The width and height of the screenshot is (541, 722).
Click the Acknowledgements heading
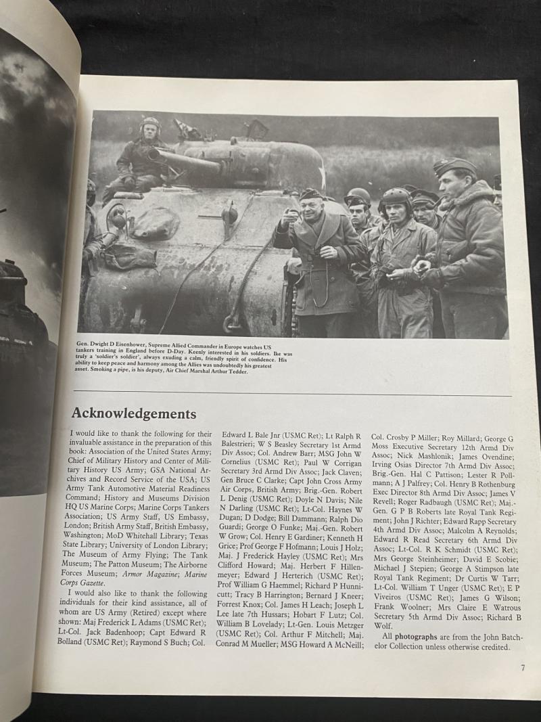point(134,413)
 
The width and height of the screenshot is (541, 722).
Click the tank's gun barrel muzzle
point(154,154)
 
